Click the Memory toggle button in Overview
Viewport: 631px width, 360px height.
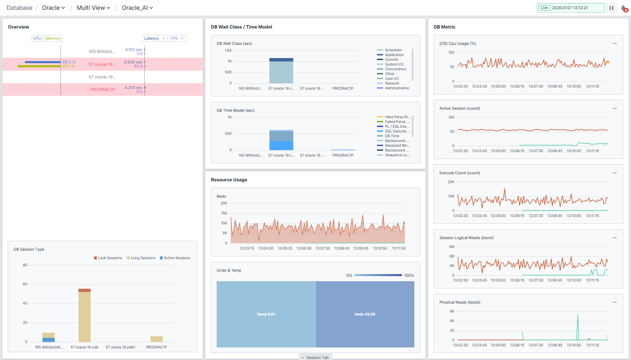53,38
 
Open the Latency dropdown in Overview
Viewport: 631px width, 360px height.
155,38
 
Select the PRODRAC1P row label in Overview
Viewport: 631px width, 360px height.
103,90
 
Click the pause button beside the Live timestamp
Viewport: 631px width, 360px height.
611,8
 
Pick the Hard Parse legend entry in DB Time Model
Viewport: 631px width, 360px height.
394,117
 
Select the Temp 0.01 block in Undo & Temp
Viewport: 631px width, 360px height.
266,314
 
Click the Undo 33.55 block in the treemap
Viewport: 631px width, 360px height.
365,314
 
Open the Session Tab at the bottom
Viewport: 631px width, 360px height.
315,357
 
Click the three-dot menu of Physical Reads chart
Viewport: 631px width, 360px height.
615,302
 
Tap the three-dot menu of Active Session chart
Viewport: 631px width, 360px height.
615,108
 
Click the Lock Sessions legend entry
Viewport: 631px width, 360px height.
108,258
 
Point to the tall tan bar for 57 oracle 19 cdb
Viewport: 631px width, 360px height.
85,317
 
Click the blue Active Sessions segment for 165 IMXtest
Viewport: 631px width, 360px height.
49,340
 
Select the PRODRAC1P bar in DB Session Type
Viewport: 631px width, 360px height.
157,339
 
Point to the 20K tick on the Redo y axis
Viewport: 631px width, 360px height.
224,203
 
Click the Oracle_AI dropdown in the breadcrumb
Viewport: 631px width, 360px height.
137,8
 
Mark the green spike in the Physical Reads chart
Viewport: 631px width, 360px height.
578,327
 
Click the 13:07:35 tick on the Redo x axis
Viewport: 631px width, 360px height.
323,248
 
